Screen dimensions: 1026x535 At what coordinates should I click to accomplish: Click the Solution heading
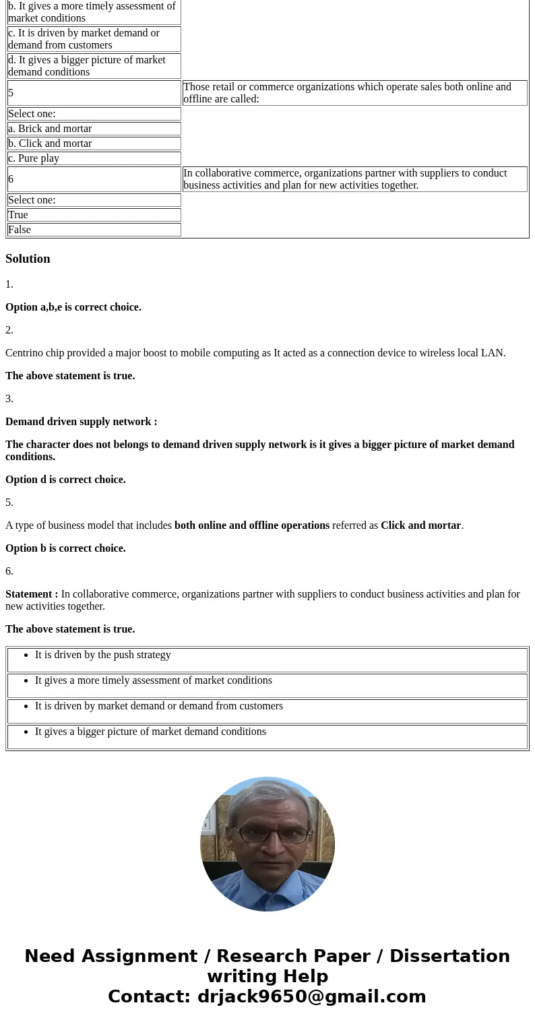tap(28, 259)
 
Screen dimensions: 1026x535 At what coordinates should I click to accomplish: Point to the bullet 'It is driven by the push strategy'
tap(102, 655)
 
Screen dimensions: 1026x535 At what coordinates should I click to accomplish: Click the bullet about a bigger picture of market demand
tap(150, 732)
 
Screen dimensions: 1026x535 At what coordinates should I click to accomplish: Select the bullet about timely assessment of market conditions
tap(153, 680)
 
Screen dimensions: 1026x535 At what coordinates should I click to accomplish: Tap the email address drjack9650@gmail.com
tap(311, 996)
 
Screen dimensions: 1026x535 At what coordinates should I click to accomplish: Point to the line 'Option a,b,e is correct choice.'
tap(73, 307)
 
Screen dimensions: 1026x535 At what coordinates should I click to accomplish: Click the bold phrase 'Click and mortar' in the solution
tap(420, 525)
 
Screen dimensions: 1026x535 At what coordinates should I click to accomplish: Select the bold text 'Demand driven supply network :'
tap(81, 422)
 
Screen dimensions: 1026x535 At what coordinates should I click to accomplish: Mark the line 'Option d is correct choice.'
tap(65, 480)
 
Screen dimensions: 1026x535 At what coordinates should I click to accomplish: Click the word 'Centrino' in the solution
tap(26, 353)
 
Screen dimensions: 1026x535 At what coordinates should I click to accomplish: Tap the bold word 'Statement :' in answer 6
tap(32, 594)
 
